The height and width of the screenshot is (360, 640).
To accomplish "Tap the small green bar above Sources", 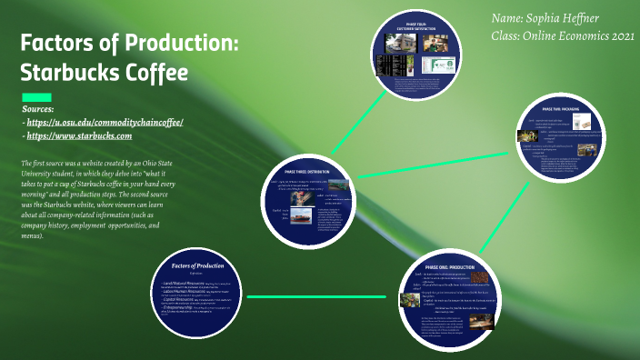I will tap(36, 97).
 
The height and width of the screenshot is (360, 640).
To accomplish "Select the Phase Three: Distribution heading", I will tap(308, 170).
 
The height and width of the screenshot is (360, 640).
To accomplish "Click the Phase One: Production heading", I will tap(451, 266).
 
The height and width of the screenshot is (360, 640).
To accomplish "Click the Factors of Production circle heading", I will tap(197, 265).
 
